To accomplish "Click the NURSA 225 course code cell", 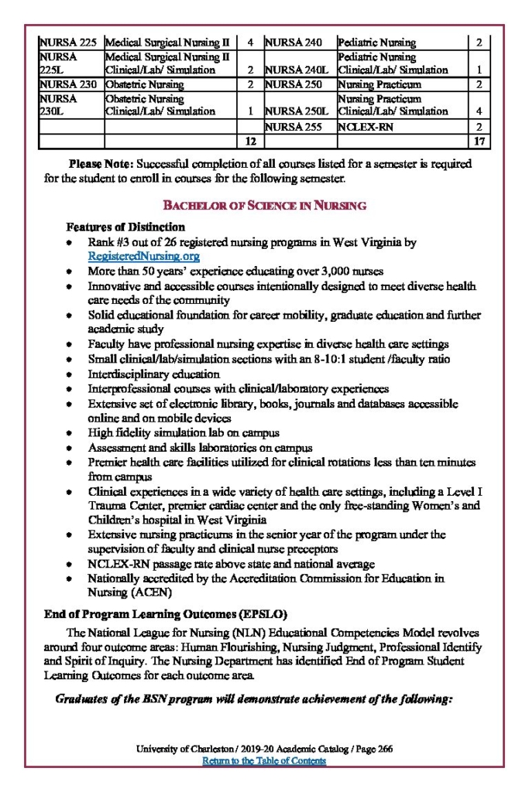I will (69, 43).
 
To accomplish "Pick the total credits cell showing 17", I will (479, 141).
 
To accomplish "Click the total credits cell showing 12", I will (249, 141).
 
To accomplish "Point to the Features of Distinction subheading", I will (125, 227).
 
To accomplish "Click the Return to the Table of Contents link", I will (264, 761).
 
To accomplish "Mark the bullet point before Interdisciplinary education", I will (70, 374).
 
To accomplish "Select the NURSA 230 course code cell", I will (68, 84).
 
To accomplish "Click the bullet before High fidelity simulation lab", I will (70, 433).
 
